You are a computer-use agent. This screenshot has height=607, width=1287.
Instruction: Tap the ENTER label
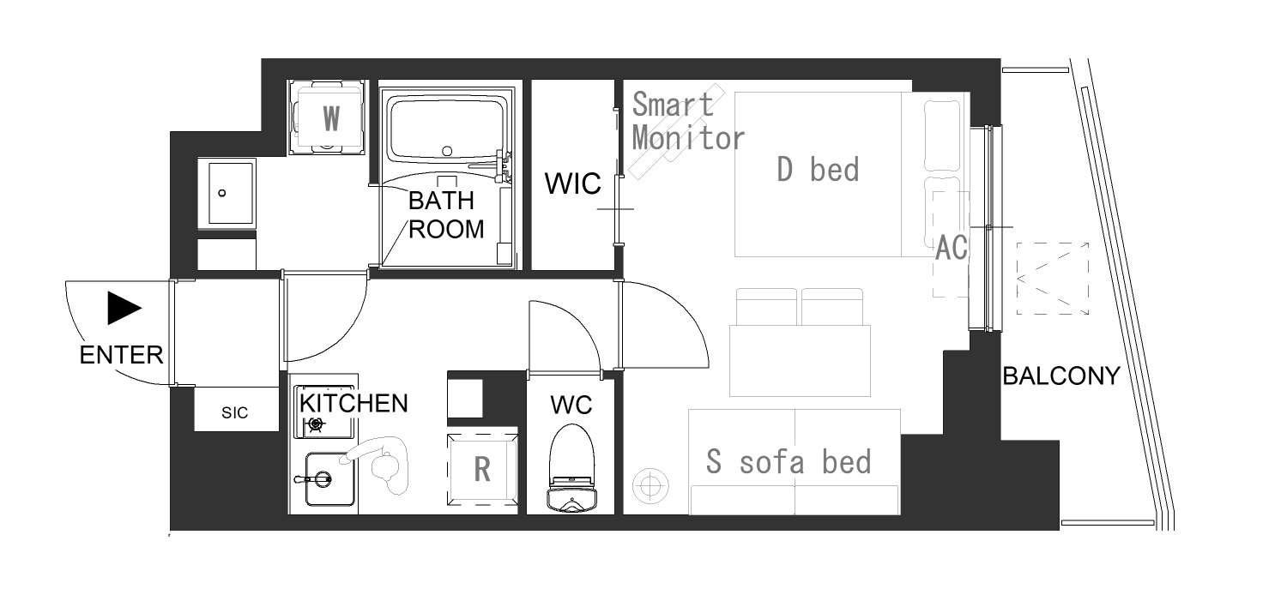(121, 356)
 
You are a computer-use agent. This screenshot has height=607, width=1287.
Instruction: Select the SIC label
(234, 412)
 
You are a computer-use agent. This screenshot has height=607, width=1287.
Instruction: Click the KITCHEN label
(353, 403)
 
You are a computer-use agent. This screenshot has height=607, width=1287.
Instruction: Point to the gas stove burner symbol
(316, 424)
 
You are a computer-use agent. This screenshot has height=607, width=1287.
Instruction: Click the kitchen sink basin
(329, 479)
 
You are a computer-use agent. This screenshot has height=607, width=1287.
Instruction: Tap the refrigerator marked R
(482, 469)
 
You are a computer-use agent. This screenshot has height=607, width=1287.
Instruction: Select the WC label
(571, 406)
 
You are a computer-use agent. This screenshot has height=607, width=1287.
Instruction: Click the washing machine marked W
(327, 117)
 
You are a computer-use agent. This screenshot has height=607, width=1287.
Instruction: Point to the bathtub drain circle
(447, 152)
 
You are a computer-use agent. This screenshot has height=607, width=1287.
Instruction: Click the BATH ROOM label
(446, 215)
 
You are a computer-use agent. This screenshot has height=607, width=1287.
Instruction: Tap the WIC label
(572, 183)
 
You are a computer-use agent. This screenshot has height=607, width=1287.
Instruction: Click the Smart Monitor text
(688, 121)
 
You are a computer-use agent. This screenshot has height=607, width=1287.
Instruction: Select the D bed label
(818, 170)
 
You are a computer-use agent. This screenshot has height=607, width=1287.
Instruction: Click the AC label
(952, 248)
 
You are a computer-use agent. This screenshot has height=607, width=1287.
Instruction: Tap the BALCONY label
(1061, 376)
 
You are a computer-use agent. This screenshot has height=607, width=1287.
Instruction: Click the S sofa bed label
(789, 462)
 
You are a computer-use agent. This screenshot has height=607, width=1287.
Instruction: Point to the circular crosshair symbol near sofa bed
(650, 486)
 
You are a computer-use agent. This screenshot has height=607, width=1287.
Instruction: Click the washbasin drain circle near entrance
(221, 193)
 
